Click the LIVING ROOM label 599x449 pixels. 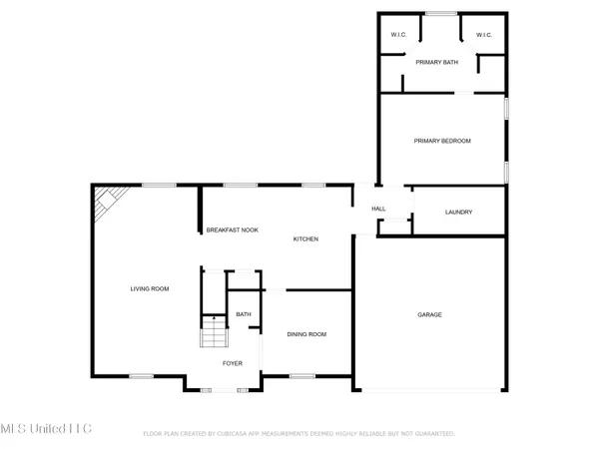(150, 289)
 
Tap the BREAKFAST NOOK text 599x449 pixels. (232, 230)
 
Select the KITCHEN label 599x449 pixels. (305, 239)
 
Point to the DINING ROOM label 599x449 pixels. (306, 334)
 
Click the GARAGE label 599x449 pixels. (429, 315)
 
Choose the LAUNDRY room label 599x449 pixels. (459, 212)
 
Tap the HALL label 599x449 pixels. (378, 209)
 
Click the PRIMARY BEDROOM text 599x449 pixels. (442, 141)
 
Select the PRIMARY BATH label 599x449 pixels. (436, 63)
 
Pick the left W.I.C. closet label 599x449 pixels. (397, 35)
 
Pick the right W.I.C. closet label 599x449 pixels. (484, 35)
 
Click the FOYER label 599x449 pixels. (233, 363)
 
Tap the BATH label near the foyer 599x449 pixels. (244, 315)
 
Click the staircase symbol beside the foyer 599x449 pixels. (214, 332)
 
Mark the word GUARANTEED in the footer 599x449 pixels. (434, 434)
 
